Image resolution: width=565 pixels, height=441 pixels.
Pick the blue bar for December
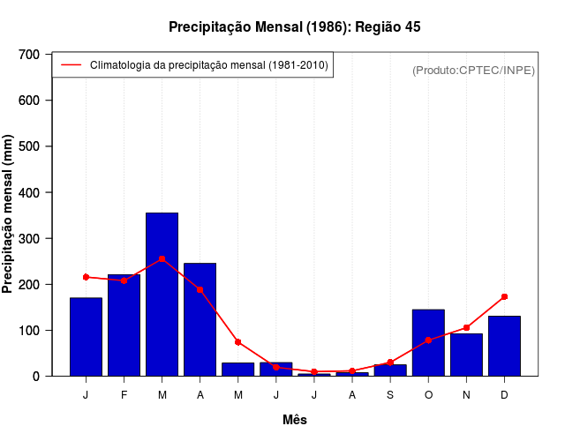[x=504, y=346]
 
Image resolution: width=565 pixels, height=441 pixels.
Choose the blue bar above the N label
[x=466, y=355]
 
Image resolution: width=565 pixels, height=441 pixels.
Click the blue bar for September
[x=390, y=370]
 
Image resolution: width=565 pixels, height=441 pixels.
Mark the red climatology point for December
[x=504, y=296]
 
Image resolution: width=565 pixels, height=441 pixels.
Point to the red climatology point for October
[x=428, y=340]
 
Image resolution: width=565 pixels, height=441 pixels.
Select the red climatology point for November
[x=466, y=327]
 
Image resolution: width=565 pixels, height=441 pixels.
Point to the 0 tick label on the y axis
[x=35, y=376]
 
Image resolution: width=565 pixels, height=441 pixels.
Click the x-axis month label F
[x=124, y=395]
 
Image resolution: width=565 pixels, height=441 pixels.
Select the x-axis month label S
[x=390, y=395]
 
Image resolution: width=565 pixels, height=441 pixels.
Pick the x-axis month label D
[x=504, y=395]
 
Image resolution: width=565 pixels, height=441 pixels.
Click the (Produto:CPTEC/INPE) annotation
[x=473, y=70]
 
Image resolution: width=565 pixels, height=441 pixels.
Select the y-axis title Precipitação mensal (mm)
[x=9, y=214]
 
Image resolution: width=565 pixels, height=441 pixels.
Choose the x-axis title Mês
[x=295, y=420]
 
